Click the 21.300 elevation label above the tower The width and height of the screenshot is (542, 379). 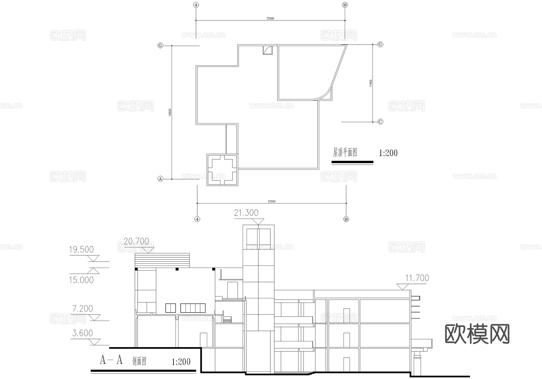coord(246,213)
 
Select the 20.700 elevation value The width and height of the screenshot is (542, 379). coord(136,241)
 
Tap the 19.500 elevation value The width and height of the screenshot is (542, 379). coord(81,250)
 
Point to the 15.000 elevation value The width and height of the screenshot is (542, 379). coord(81,280)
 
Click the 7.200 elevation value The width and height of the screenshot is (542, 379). coord(83,309)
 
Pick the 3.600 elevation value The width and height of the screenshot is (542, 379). coord(83,333)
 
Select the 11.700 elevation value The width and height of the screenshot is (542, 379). coord(417,278)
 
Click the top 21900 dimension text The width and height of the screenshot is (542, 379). coord(270,18)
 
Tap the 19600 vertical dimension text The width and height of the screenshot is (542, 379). coord(170,113)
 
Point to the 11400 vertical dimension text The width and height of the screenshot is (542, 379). coord(371,83)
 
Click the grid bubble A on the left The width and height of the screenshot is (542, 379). coord(160,179)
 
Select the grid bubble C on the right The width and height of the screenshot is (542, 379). coord(380,122)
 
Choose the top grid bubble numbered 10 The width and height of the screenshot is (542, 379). coord(345,5)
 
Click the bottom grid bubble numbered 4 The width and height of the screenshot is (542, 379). coord(197,219)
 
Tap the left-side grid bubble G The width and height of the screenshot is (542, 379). coord(160,45)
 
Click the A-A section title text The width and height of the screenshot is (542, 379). coord(111,360)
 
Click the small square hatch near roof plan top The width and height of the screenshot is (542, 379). coord(268,50)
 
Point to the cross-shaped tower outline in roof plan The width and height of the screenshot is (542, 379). coord(222,170)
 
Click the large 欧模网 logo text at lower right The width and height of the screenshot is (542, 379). coord(477,334)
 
